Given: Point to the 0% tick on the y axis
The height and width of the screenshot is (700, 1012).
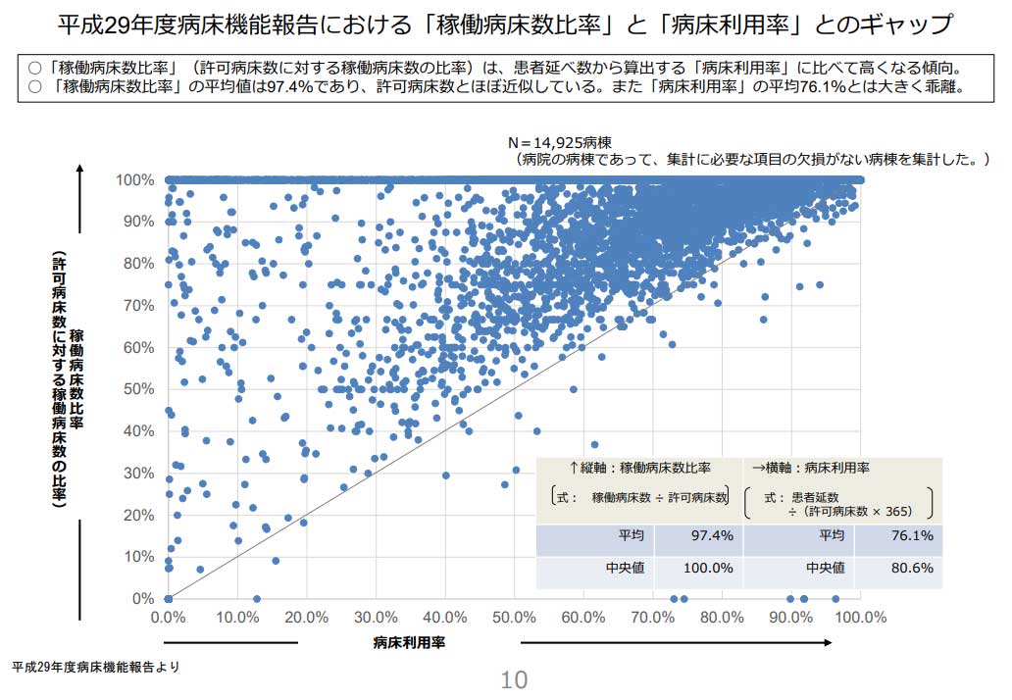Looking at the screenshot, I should click(x=143, y=599).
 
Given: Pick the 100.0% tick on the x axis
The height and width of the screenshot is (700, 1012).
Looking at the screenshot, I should click(x=860, y=618).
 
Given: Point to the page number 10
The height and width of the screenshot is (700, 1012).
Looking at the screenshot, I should click(x=514, y=679).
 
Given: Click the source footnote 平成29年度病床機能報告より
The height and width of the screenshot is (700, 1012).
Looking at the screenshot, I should click(x=95, y=667).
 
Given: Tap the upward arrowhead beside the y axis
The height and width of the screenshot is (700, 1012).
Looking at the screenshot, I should click(x=79, y=170).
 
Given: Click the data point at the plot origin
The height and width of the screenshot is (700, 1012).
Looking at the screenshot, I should click(x=169, y=599).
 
